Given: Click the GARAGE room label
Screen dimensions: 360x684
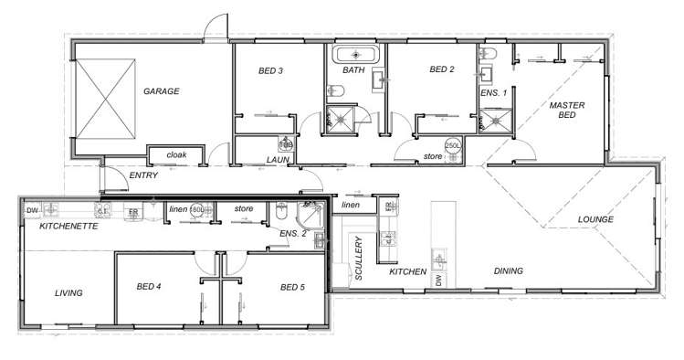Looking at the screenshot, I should [x=161, y=91].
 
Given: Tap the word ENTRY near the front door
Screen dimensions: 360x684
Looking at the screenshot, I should [x=143, y=175].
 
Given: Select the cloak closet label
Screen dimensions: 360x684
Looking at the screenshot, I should [x=176, y=155].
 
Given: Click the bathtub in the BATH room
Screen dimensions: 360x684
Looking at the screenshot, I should [x=353, y=53].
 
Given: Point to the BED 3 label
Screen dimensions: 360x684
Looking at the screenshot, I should [x=271, y=70].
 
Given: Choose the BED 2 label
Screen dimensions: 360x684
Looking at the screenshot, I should [x=441, y=69].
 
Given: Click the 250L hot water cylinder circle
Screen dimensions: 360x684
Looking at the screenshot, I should [x=452, y=146].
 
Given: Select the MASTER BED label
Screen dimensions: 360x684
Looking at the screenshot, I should [x=566, y=111].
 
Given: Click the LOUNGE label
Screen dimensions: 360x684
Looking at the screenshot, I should [x=595, y=220].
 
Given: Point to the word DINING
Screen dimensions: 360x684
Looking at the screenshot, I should [x=509, y=271].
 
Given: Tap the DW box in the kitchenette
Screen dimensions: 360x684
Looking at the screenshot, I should [x=31, y=210].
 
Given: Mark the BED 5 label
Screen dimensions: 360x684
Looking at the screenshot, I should [x=292, y=287].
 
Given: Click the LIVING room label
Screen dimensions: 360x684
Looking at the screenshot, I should [x=68, y=293].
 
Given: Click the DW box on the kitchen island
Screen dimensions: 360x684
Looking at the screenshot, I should [x=438, y=279].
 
